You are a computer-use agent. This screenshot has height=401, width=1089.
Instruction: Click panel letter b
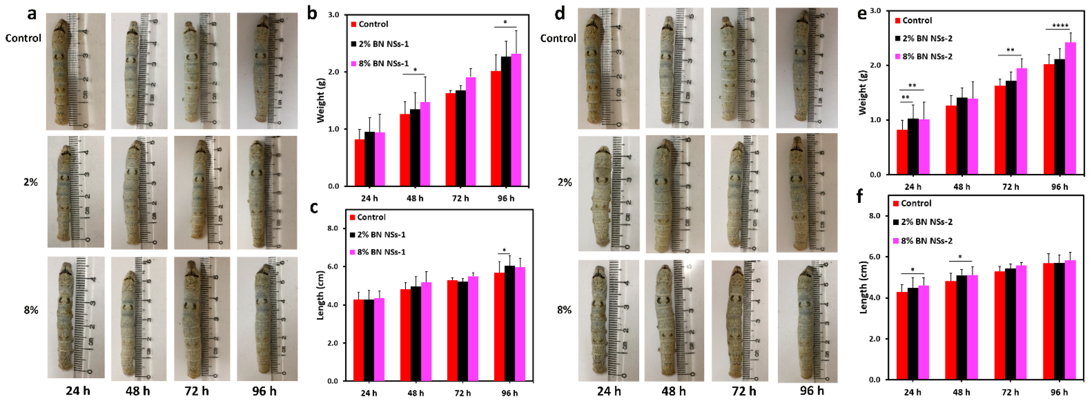tap(312, 14)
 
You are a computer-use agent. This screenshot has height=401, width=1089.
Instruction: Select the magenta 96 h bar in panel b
tap(516, 121)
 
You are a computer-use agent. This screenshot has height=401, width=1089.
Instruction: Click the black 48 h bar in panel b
tap(415, 148)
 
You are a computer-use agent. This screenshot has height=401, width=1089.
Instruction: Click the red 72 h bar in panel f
tap(1000, 326)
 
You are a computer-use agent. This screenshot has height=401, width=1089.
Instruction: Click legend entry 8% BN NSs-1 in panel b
tap(383, 64)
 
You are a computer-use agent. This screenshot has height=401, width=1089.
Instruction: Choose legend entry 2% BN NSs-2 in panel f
tap(926, 222)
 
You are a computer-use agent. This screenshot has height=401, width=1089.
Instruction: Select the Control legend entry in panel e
tap(916, 20)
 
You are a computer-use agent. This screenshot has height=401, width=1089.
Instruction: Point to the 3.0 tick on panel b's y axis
tap(334, 15)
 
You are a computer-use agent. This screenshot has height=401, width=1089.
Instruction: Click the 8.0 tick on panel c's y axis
tap(333, 228)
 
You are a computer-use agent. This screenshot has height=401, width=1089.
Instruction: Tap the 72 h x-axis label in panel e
tap(1011, 187)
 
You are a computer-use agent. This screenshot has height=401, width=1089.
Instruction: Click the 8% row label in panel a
tap(31, 310)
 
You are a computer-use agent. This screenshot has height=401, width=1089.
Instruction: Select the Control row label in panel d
tap(558, 38)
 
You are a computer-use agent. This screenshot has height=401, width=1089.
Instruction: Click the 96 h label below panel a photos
tap(264, 391)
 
